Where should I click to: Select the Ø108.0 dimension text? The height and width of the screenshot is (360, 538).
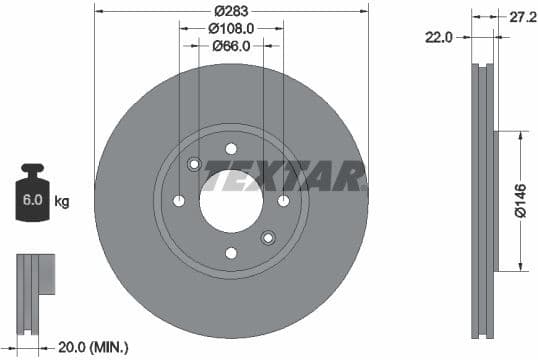point(231,29)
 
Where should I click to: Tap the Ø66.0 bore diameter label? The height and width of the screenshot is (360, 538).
point(231,45)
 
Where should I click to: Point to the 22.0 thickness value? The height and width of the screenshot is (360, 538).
point(440,37)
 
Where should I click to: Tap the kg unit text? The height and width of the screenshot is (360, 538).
point(63,202)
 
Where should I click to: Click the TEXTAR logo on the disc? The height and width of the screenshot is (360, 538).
point(283,180)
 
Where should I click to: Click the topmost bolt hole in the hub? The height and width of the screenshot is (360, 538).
point(231,149)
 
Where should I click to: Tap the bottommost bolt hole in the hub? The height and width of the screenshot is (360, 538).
point(231,253)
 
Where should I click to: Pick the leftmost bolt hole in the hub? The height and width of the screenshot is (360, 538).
point(179,201)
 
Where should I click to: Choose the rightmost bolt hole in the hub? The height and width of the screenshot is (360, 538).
point(283,201)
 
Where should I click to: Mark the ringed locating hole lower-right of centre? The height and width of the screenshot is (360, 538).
point(267,237)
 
